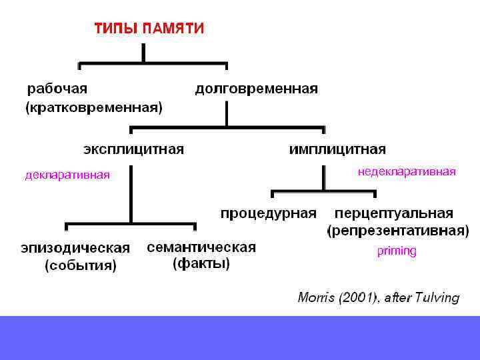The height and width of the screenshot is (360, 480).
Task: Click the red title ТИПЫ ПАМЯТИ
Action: (x=149, y=29)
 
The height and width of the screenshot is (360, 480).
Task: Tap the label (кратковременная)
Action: (x=93, y=107)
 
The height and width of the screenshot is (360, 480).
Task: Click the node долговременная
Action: (x=256, y=89)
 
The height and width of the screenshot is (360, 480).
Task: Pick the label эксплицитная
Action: (x=133, y=149)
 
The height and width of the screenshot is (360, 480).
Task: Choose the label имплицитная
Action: (x=337, y=149)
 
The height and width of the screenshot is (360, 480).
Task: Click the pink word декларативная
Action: (x=67, y=175)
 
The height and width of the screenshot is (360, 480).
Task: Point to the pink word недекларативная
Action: (x=407, y=172)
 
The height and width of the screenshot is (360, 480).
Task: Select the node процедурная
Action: (x=268, y=213)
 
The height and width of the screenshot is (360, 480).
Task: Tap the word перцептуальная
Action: (x=394, y=213)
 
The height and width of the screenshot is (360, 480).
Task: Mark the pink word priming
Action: (x=397, y=251)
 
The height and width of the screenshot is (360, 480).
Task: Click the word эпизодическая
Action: (x=75, y=248)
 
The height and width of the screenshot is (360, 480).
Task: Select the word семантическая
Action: (x=201, y=247)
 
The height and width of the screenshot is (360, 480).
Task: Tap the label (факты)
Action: (x=201, y=264)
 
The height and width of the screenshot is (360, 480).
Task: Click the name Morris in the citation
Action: (x=316, y=298)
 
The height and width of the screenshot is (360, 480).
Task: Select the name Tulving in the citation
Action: (x=437, y=298)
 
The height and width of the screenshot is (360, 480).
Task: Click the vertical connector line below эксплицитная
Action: (x=131, y=193)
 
